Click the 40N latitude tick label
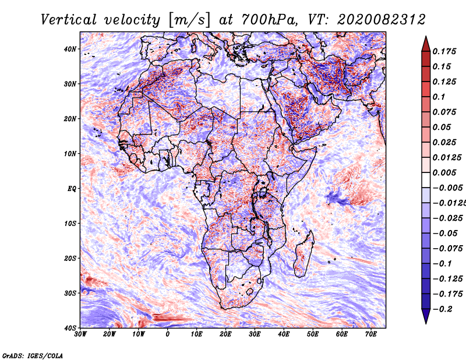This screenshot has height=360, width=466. click(70, 49)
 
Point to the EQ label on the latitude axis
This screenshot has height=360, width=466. click(72, 189)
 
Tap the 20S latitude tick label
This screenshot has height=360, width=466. click(70, 258)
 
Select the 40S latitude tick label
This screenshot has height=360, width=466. click(70, 328)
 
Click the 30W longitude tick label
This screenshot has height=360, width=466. click(80, 334)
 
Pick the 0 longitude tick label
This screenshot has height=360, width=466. click(168, 334)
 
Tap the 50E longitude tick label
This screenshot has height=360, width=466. click(313, 334)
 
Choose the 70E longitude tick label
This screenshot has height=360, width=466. click(371, 334)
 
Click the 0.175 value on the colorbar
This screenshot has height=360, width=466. click(444, 51)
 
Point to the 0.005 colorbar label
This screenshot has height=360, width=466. click(444, 172)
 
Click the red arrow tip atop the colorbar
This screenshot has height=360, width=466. click(426, 37)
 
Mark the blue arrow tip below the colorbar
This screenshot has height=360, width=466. click(426, 324)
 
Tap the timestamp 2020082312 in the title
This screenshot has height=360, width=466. click(382, 20)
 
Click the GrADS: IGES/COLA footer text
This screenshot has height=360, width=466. click(33, 355)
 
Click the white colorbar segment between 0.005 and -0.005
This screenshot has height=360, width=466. click(426, 180)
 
